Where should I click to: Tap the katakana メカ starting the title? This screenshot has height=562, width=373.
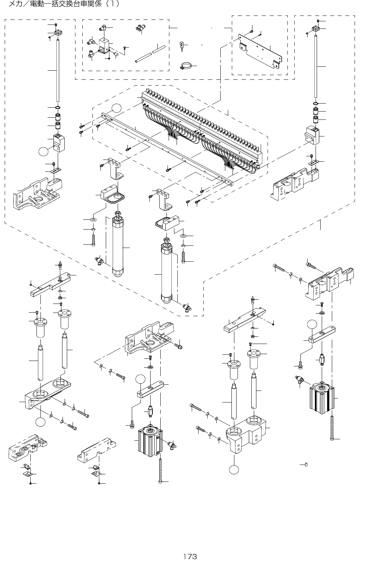click(x=16, y=5)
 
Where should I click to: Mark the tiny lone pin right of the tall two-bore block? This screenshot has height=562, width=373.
click(x=306, y=464)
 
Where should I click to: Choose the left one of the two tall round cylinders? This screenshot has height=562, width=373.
click(x=118, y=245)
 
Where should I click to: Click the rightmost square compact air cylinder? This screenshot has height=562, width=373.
click(x=322, y=399)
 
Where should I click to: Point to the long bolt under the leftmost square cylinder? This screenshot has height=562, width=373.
click(x=160, y=466)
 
